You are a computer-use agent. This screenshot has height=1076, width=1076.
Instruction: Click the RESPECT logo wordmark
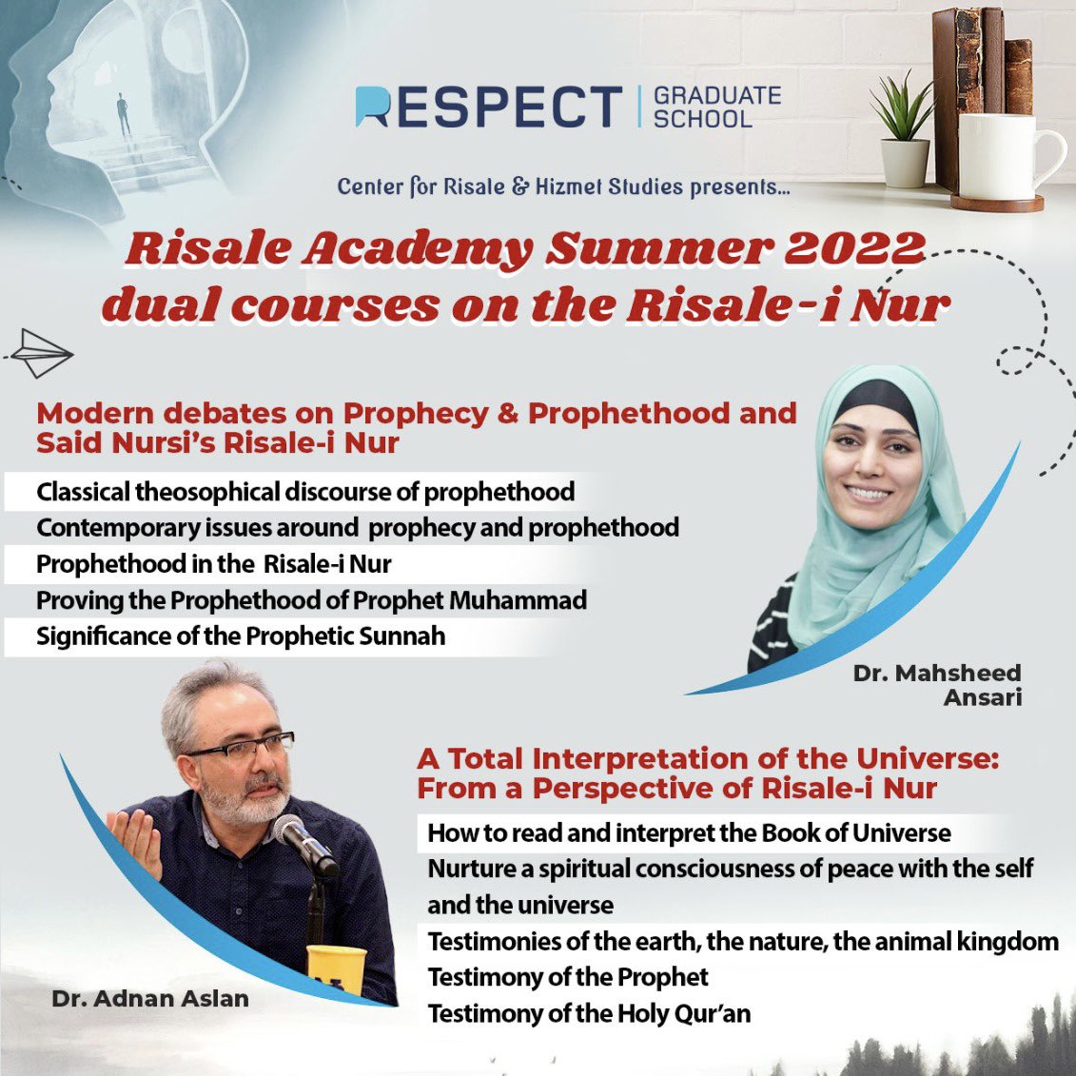(488, 107)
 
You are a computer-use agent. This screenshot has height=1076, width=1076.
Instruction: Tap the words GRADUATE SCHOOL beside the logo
(716, 107)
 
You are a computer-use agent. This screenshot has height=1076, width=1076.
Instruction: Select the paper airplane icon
(40, 355)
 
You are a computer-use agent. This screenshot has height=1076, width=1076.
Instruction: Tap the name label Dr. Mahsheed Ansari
(936, 684)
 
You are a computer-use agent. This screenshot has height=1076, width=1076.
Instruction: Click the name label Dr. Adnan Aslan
(151, 999)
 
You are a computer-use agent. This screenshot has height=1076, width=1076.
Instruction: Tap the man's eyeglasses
(243, 746)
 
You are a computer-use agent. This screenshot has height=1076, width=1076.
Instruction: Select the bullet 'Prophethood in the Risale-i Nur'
(214, 564)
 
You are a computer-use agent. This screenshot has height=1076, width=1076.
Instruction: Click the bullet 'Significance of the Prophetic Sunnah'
(241, 636)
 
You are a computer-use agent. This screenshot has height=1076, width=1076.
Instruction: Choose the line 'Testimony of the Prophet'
(568, 977)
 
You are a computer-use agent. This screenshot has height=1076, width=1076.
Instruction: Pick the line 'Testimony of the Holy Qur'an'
(589, 1013)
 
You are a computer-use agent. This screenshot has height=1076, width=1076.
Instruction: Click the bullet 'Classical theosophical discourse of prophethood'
(305, 492)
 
